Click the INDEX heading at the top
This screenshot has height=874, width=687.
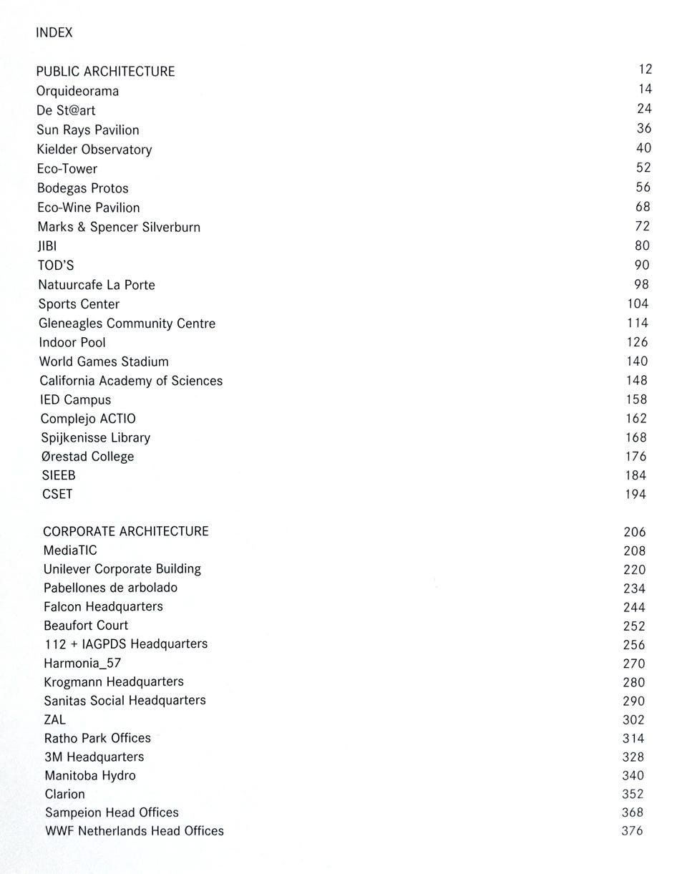point(54,33)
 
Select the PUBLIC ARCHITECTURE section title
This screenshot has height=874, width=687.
point(105,72)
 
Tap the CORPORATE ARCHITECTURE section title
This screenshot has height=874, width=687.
point(126,531)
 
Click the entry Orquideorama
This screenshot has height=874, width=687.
point(77,91)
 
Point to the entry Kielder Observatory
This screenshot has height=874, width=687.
point(94,150)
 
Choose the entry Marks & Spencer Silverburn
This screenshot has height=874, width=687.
point(119,227)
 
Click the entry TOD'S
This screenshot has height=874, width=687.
point(56,266)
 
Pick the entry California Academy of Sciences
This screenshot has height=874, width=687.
point(131,381)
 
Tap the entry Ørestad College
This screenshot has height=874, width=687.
point(87,457)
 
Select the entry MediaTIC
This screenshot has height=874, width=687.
point(70,550)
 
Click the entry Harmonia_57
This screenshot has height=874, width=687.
point(82,663)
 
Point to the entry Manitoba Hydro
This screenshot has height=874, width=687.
point(89,775)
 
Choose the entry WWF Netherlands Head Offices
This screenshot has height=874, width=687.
point(135,831)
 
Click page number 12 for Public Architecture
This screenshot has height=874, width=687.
point(645,69)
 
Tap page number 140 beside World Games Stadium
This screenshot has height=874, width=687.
point(636,361)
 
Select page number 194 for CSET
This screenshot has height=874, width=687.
point(635,495)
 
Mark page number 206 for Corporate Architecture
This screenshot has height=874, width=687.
point(634,532)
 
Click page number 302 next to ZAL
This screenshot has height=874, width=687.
point(633,719)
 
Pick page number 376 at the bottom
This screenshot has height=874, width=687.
point(633,831)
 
